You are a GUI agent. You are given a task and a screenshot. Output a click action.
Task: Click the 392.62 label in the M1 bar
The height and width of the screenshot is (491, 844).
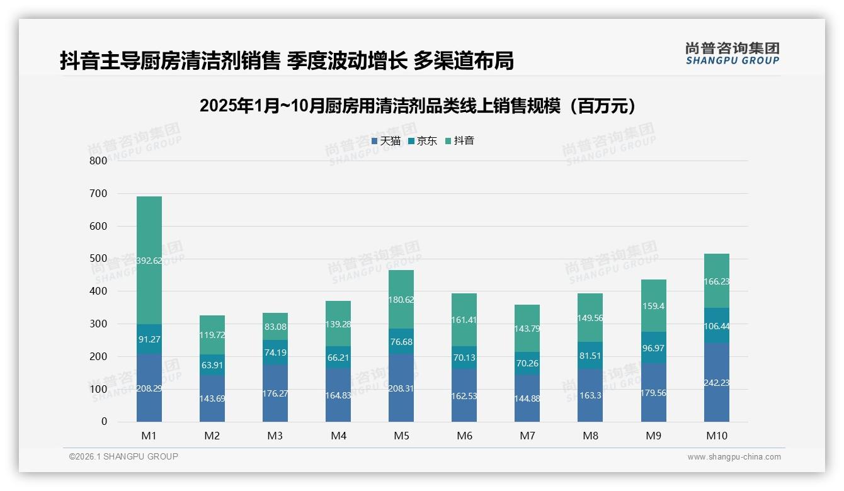pyautogui.click(x=149, y=261)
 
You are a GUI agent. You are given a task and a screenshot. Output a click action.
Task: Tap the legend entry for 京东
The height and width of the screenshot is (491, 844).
pyautogui.click(x=423, y=141)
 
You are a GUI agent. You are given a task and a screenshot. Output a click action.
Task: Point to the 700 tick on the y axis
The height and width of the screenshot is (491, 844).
pyautogui.click(x=98, y=193)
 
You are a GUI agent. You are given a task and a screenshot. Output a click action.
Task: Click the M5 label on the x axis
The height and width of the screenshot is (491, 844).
pyautogui.click(x=401, y=436)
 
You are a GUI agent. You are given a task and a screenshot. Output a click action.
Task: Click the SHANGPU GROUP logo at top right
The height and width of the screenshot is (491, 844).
pyautogui.click(x=732, y=54)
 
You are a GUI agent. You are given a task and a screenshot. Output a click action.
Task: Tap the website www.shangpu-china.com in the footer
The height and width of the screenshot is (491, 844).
pyautogui.click(x=734, y=457)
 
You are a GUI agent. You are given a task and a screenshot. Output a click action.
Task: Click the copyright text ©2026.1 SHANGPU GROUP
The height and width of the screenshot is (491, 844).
pyautogui.click(x=123, y=456)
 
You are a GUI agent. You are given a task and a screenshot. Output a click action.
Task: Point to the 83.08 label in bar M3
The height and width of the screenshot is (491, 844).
pyautogui.click(x=275, y=326)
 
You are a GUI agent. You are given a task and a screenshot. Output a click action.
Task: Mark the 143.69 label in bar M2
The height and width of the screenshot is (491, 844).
pyautogui.click(x=212, y=398)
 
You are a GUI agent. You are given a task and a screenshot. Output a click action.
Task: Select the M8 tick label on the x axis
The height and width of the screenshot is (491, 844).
pyautogui.click(x=590, y=436)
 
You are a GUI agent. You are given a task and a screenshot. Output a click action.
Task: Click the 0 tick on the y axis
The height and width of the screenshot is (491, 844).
pyautogui.click(x=104, y=422)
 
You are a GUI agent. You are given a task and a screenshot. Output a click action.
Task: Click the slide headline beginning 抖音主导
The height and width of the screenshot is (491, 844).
pyautogui.click(x=287, y=60)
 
